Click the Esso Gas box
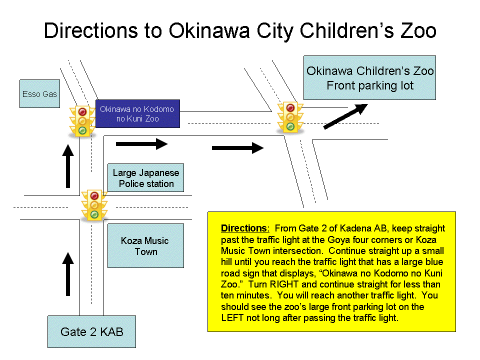[40, 93]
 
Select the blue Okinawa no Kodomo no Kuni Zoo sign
[138, 113]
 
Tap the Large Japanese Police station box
[145, 178]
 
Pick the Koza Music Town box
[145, 246]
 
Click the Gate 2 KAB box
[92, 332]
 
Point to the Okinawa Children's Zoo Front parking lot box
[370, 78]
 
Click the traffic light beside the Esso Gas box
[82, 121]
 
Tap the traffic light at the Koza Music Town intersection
[94, 205]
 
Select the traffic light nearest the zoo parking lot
[290, 117]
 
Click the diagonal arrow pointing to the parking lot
[345, 116]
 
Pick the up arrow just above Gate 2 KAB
[68, 274]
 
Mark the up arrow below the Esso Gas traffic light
[68, 166]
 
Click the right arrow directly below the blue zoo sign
[141, 144]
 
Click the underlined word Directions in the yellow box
[244, 228]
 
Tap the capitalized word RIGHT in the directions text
[284, 284]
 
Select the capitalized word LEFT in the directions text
[232, 318]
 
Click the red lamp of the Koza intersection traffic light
[94, 195]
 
